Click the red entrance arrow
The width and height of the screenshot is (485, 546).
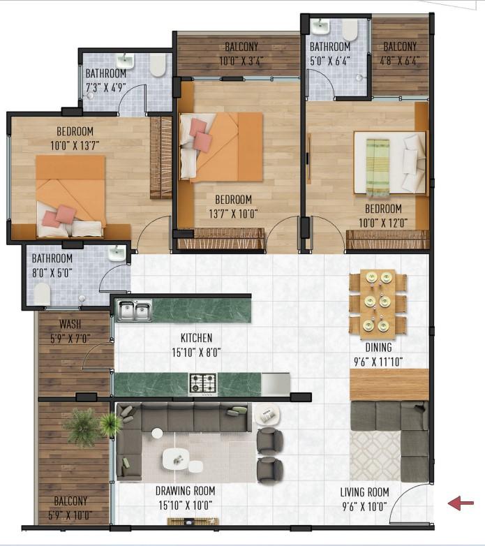(461, 503)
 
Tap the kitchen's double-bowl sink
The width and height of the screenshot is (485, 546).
(134, 311)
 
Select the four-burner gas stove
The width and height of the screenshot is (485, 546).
(203, 383)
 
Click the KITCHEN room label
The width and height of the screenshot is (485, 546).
(196, 338)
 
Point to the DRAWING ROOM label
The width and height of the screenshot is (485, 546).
(185, 491)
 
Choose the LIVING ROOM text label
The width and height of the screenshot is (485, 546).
(364, 492)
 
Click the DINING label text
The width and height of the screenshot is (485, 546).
(378, 347)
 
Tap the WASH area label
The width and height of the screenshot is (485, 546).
(70, 324)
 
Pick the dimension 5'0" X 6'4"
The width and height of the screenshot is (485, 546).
(330, 61)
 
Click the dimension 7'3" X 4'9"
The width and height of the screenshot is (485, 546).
(106, 87)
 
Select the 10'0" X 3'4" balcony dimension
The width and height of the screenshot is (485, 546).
(241, 61)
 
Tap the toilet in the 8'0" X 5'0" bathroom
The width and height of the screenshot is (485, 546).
(43, 293)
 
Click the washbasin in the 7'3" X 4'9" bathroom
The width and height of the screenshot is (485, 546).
(124, 61)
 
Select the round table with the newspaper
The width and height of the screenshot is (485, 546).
(267, 414)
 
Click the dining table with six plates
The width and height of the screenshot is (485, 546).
(378, 304)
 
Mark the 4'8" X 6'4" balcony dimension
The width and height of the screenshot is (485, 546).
(399, 61)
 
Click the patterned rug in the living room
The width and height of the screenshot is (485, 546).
(375, 456)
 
